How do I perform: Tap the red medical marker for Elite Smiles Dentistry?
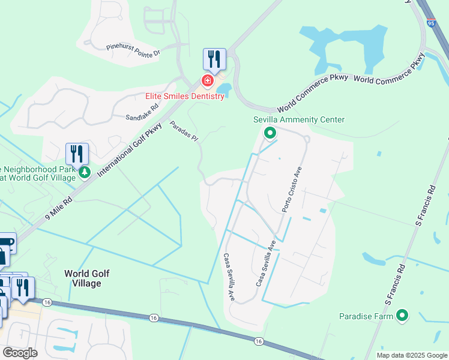[x=207, y=80]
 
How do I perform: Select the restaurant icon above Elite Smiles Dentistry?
[x=214, y=59]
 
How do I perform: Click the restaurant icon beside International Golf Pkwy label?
[x=77, y=154]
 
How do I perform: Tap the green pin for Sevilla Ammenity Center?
[x=270, y=133]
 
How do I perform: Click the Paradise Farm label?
[x=366, y=316]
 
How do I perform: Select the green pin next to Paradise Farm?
[x=402, y=315]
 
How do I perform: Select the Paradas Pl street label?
[x=183, y=131]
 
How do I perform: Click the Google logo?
[x=20, y=353]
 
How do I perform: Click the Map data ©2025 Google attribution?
[x=412, y=355]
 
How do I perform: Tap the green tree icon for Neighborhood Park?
[x=85, y=173]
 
